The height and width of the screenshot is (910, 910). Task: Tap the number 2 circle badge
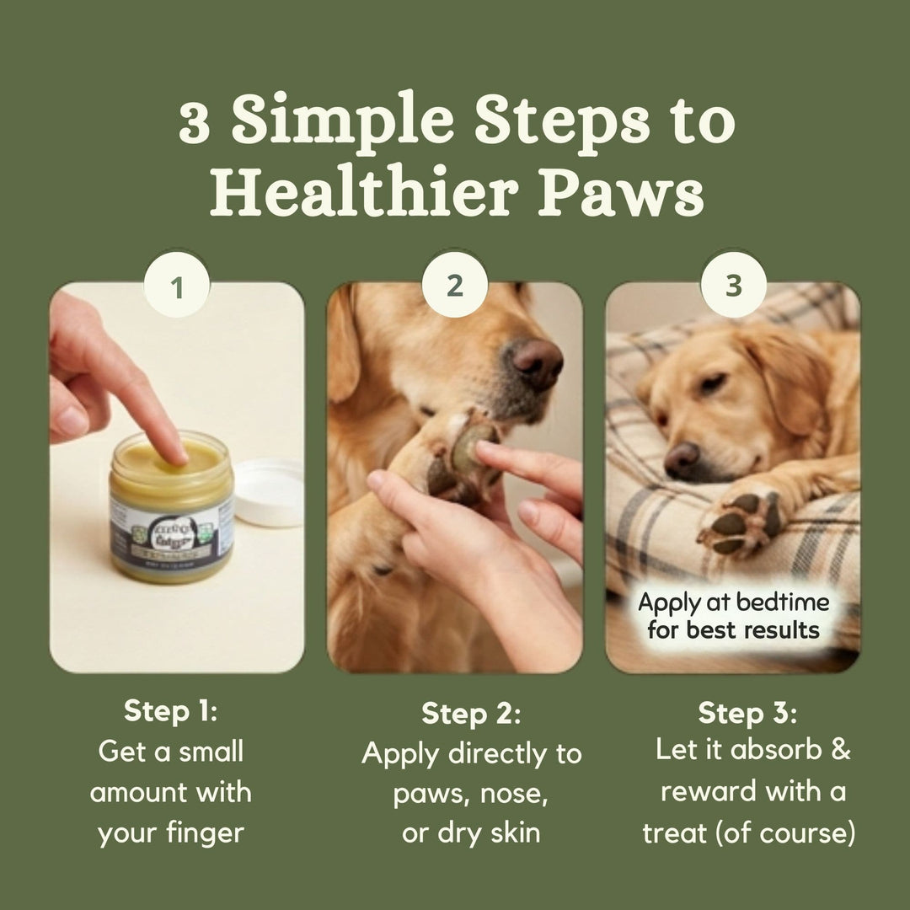[455, 286]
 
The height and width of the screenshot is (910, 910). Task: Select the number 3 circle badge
[733, 286]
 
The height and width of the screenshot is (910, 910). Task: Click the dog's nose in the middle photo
[538, 362]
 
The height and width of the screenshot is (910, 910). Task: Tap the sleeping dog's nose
[681, 458]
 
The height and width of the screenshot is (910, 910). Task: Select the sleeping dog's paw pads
[738, 522]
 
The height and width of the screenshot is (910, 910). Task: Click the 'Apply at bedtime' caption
[733, 616]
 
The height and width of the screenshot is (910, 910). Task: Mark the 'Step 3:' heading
[747, 713]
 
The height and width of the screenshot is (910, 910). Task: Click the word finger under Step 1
[206, 833]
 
